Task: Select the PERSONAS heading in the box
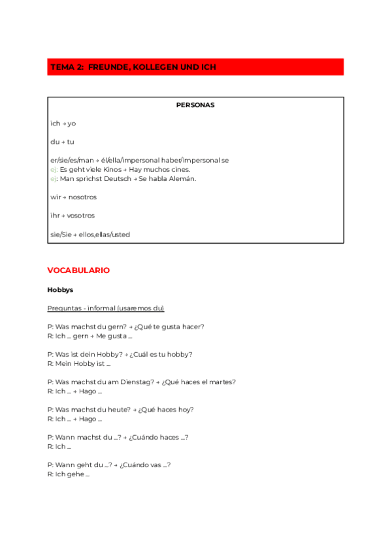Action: [x=195, y=105]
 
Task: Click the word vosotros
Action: [x=80, y=216]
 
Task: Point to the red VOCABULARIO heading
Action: [x=78, y=270]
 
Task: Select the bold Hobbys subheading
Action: [x=60, y=289]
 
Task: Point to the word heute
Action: [x=116, y=410]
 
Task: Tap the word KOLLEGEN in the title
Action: [x=150, y=67]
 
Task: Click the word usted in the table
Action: [x=120, y=234]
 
